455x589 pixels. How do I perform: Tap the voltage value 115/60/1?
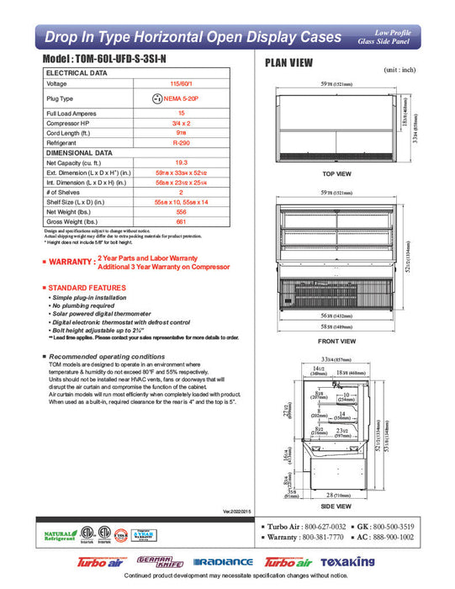(180, 84)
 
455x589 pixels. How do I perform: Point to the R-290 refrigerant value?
(180, 144)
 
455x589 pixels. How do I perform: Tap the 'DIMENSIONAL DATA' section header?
(79, 153)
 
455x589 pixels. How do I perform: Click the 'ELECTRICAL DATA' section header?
(77, 73)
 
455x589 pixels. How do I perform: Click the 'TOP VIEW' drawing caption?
(336, 174)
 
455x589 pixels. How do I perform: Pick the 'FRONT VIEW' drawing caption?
(336, 342)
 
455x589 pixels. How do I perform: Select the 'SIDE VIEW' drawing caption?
(336, 507)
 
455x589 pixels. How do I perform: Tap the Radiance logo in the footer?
(223, 561)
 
